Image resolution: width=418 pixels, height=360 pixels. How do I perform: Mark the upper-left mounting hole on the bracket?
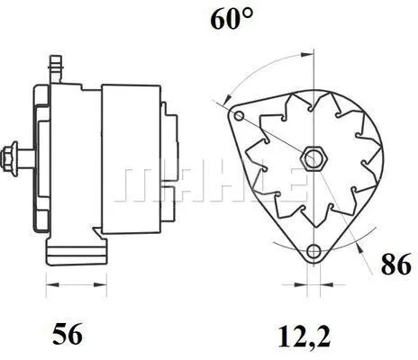tap(238, 116)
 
